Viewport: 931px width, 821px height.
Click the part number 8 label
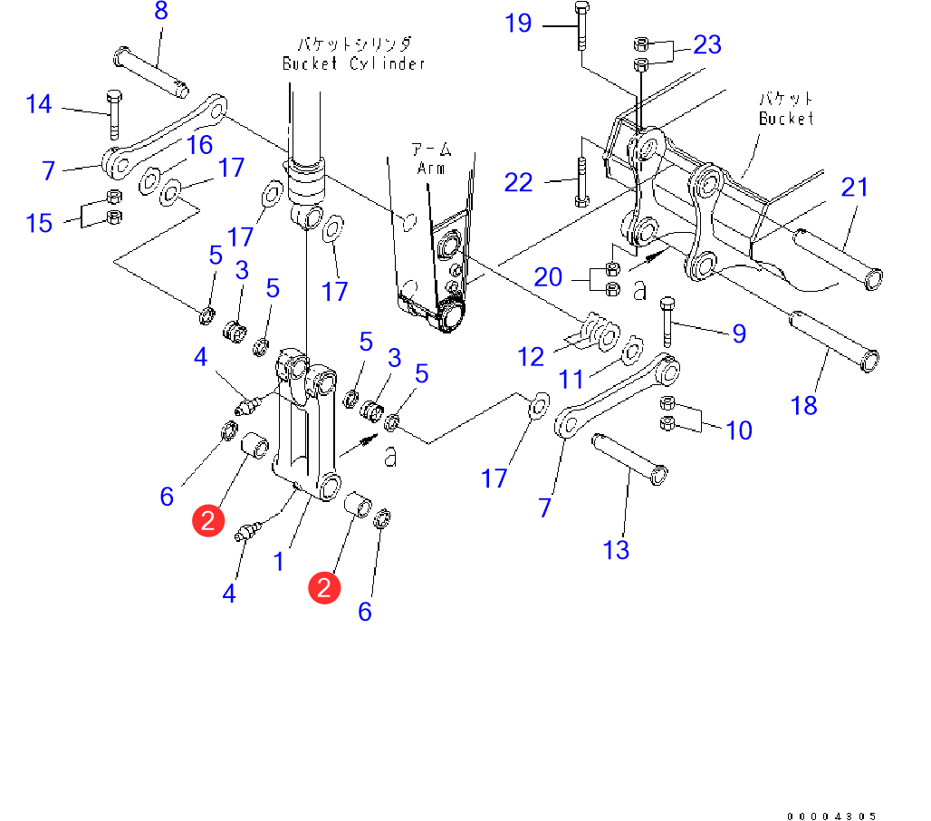pos(161,13)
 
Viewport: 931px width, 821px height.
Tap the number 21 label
pos(854,188)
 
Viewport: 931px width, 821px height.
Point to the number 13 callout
pos(616,549)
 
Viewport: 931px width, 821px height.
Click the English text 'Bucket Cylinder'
pos(353,63)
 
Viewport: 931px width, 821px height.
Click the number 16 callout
pos(199,145)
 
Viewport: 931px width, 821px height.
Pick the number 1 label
pos(280,562)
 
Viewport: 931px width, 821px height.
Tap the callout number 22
pos(518,182)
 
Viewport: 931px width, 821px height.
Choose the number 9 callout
pos(739,333)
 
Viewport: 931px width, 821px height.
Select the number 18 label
pos(804,404)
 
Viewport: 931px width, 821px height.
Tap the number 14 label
pos(39,104)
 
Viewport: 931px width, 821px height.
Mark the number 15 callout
pos(39,223)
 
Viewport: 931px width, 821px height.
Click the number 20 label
pos(548,276)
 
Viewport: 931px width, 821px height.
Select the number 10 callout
pos(739,430)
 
